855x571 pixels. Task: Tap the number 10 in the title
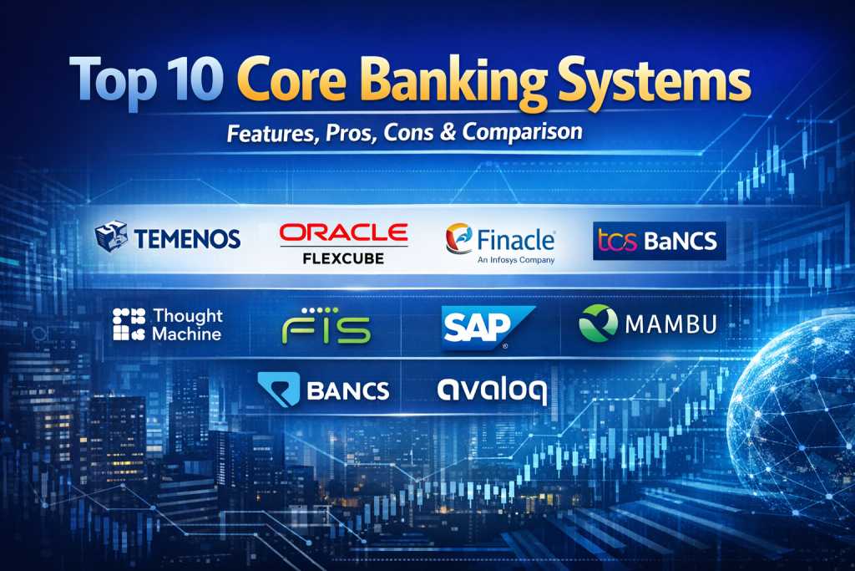coord(193,79)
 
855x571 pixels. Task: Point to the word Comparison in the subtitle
coord(523,131)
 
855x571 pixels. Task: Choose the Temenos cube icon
coord(111,237)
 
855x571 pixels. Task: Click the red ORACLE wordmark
coord(343,232)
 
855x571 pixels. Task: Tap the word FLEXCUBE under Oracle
coord(343,258)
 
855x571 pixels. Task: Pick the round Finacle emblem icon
coord(458,238)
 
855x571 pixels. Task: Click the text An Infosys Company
coord(516,260)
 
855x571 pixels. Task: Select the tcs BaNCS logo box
coord(660,241)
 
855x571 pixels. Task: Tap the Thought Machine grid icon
coord(129,324)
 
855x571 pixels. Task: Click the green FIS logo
coord(326,326)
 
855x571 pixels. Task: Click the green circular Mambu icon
coord(598,324)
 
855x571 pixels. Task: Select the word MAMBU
coord(670,324)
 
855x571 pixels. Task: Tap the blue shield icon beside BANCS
coord(279,390)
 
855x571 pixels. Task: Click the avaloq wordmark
coord(491,390)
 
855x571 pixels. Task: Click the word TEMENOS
coord(187,239)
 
